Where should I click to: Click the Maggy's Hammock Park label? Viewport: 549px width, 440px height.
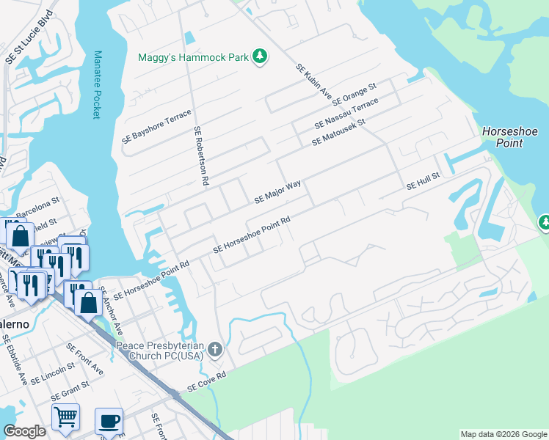194,56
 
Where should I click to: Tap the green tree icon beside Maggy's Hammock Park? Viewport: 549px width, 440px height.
259,56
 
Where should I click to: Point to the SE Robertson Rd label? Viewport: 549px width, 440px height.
202,155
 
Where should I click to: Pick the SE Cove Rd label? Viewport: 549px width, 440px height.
206,381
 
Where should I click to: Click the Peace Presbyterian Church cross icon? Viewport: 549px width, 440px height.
215,349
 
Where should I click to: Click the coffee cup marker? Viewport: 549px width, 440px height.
109,421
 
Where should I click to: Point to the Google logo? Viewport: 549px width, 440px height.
24,431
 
